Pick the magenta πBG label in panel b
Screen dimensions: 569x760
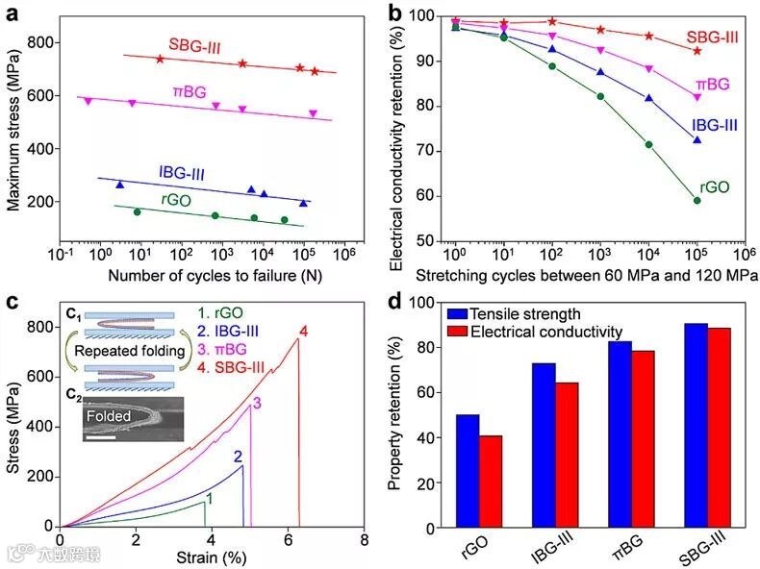pyautogui.click(x=711, y=85)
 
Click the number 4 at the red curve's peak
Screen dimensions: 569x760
pyautogui.click(x=303, y=332)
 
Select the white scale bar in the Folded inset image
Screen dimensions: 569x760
pyautogui.click(x=101, y=437)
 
